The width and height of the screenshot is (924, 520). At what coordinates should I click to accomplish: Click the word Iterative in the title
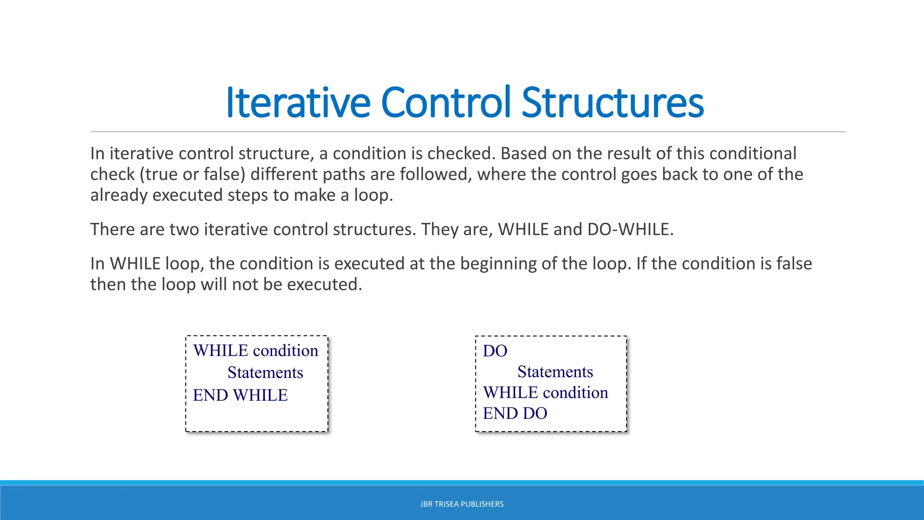298,103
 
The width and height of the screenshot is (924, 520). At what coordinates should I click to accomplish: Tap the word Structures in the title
612,103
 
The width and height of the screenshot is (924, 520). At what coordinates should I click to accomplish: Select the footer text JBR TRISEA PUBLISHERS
462,504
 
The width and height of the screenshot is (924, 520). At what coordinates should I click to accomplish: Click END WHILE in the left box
240,395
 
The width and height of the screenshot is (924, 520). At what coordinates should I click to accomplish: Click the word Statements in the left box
265,373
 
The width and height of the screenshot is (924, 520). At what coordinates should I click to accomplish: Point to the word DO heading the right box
495,351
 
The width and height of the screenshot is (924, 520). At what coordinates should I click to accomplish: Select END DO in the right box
515,413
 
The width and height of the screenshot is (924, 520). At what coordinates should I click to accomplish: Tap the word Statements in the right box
555,372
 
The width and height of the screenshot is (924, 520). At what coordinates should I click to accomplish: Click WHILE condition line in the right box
545,393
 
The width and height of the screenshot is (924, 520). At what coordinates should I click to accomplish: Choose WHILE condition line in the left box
255,351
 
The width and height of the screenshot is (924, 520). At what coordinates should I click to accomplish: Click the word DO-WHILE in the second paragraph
630,230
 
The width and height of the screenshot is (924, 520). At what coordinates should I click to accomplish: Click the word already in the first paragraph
119,195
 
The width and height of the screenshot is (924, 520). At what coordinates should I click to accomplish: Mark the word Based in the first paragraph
523,154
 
